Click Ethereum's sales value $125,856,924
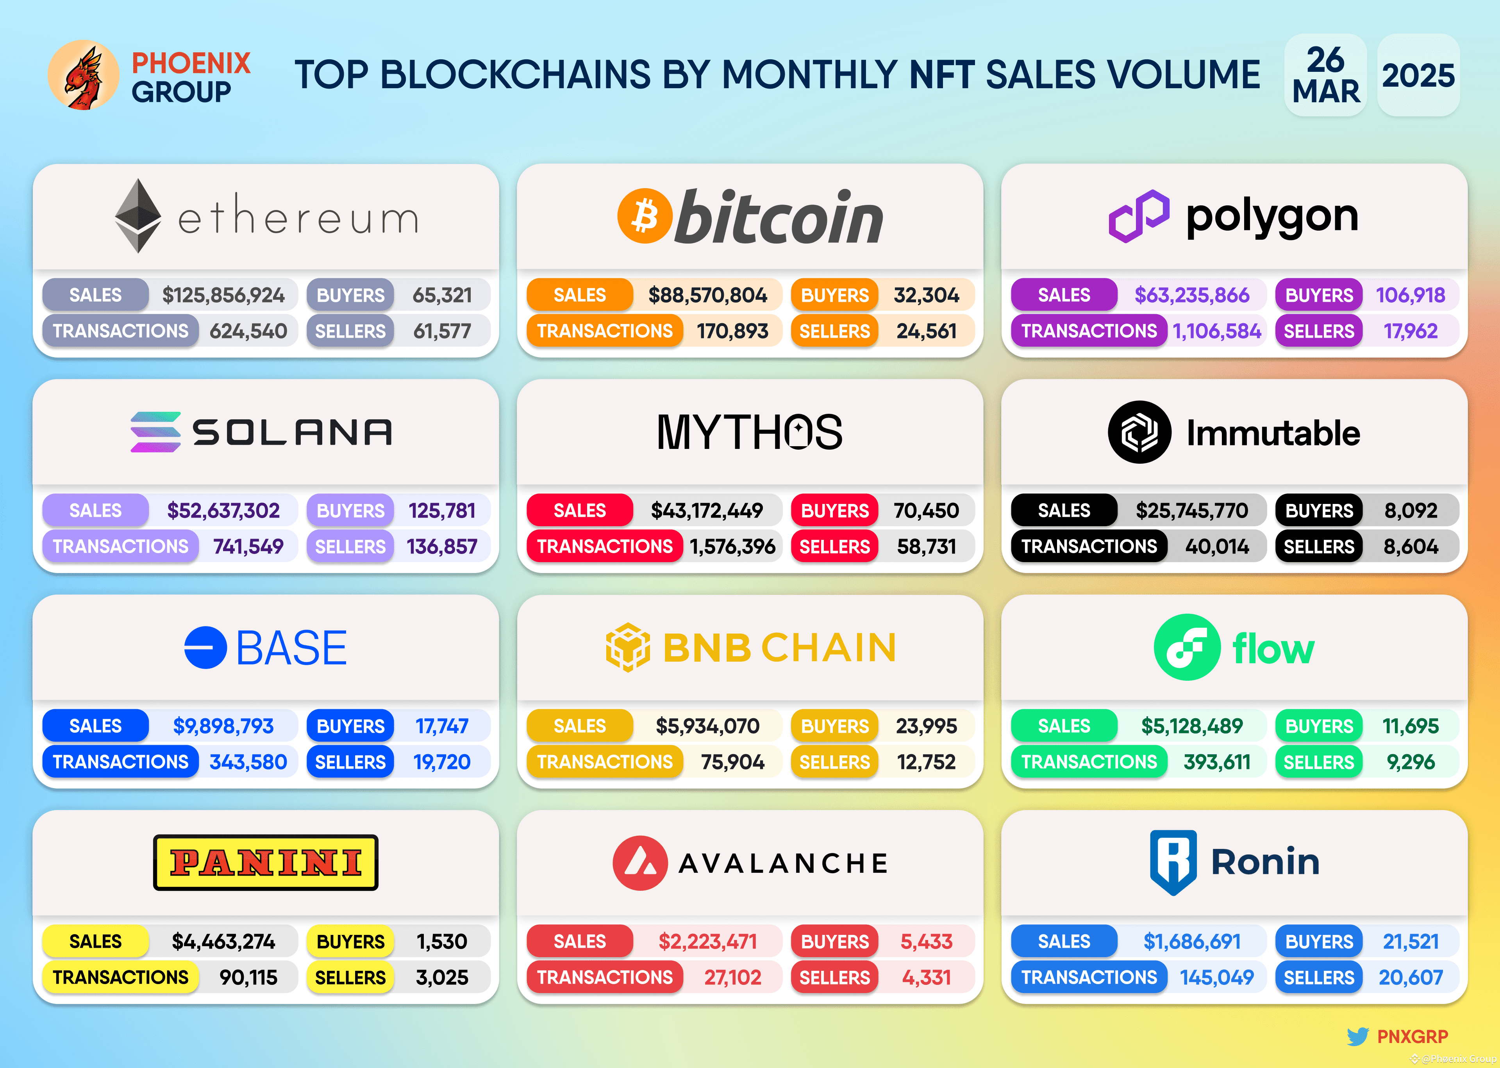pos(223,295)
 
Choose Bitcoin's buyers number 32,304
pos(926,295)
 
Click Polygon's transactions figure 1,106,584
pos(1216,331)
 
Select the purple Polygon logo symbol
pos(1139,216)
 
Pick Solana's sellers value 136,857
pos(441,546)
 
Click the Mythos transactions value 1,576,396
pos(732,546)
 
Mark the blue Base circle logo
pos(205,648)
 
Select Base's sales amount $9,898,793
pos(223,726)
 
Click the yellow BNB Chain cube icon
pos(628,647)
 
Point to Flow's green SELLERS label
pos(1318,762)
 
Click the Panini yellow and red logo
pos(266,863)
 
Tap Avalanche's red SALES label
pos(580,942)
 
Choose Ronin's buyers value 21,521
pos(1411,942)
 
